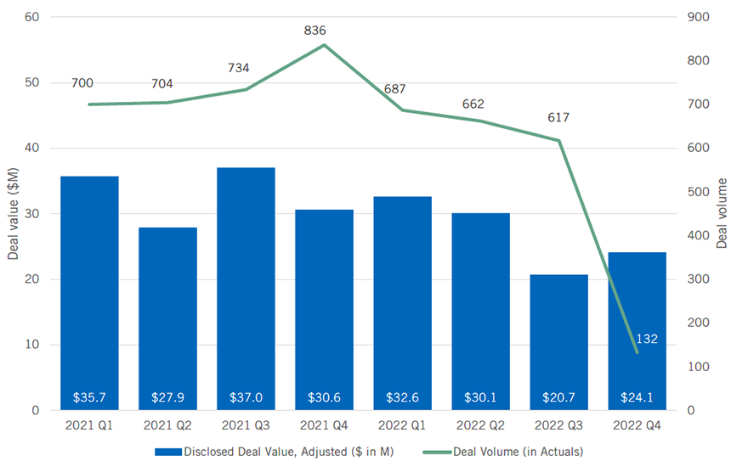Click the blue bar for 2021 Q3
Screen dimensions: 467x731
246,289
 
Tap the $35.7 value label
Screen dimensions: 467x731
89,397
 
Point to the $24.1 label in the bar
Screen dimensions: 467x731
637,397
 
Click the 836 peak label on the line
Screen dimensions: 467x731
314,31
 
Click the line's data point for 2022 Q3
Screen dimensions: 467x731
558,140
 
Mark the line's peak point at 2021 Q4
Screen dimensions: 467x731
324,45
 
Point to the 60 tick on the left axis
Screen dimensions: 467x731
31,17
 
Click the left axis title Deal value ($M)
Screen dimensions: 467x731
12,213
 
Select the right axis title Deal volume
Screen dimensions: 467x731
721,213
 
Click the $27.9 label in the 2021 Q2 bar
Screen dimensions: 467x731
167,397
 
